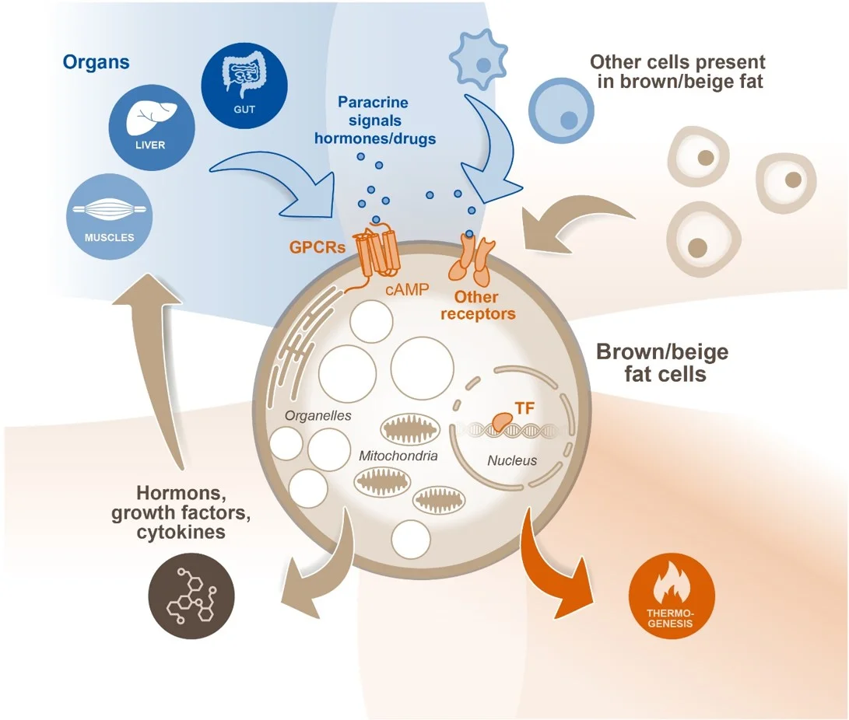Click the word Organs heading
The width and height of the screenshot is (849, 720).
96,61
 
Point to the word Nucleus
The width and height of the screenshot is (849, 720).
512,460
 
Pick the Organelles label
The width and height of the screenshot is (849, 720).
317,415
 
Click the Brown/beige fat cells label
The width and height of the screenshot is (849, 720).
662,362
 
